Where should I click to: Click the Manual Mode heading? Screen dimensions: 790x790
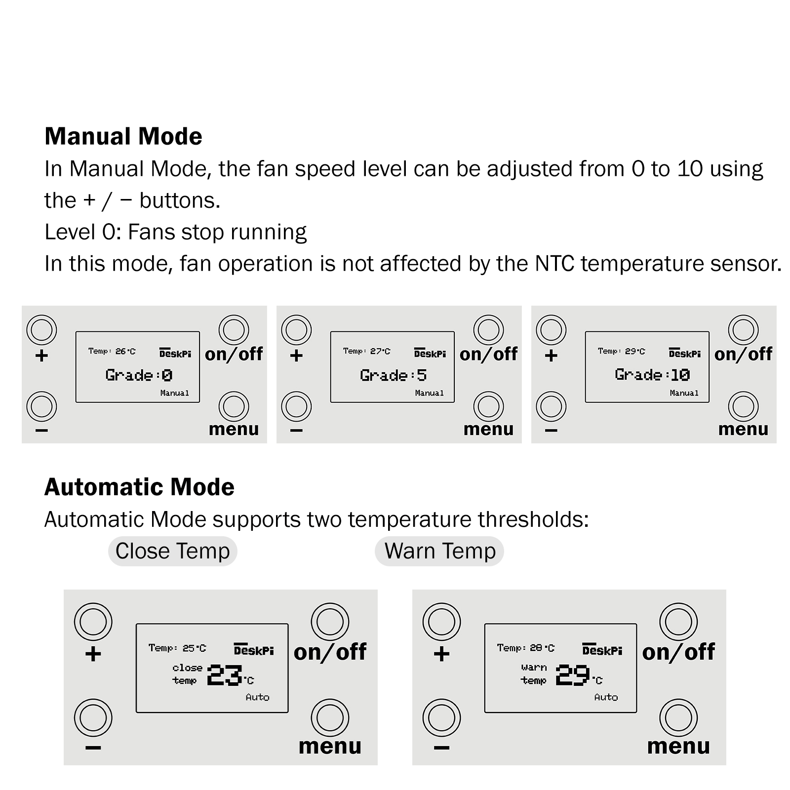(123, 136)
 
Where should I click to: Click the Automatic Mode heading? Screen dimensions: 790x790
(139, 487)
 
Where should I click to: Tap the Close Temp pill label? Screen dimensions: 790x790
(172, 551)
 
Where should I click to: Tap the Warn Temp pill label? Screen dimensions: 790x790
(439, 551)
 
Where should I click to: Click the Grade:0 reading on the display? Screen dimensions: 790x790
(139, 375)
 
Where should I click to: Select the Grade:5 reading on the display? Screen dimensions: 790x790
(393, 375)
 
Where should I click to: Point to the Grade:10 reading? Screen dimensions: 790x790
(652, 375)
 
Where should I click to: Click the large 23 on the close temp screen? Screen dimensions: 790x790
(225, 675)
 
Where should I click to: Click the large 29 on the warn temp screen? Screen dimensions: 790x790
(573, 675)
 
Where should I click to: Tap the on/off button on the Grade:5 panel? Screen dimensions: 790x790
(488, 330)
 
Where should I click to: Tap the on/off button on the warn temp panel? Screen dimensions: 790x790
(678, 622)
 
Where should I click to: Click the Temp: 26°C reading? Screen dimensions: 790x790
(112, 351)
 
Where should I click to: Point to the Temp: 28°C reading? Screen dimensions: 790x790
(525, 647)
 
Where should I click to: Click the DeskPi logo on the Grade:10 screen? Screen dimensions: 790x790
(685, 353)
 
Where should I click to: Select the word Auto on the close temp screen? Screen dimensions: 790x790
(257, 697)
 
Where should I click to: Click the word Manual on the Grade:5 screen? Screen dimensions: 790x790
(429, 393)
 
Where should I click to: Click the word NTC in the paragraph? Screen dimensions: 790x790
(554, 264)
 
